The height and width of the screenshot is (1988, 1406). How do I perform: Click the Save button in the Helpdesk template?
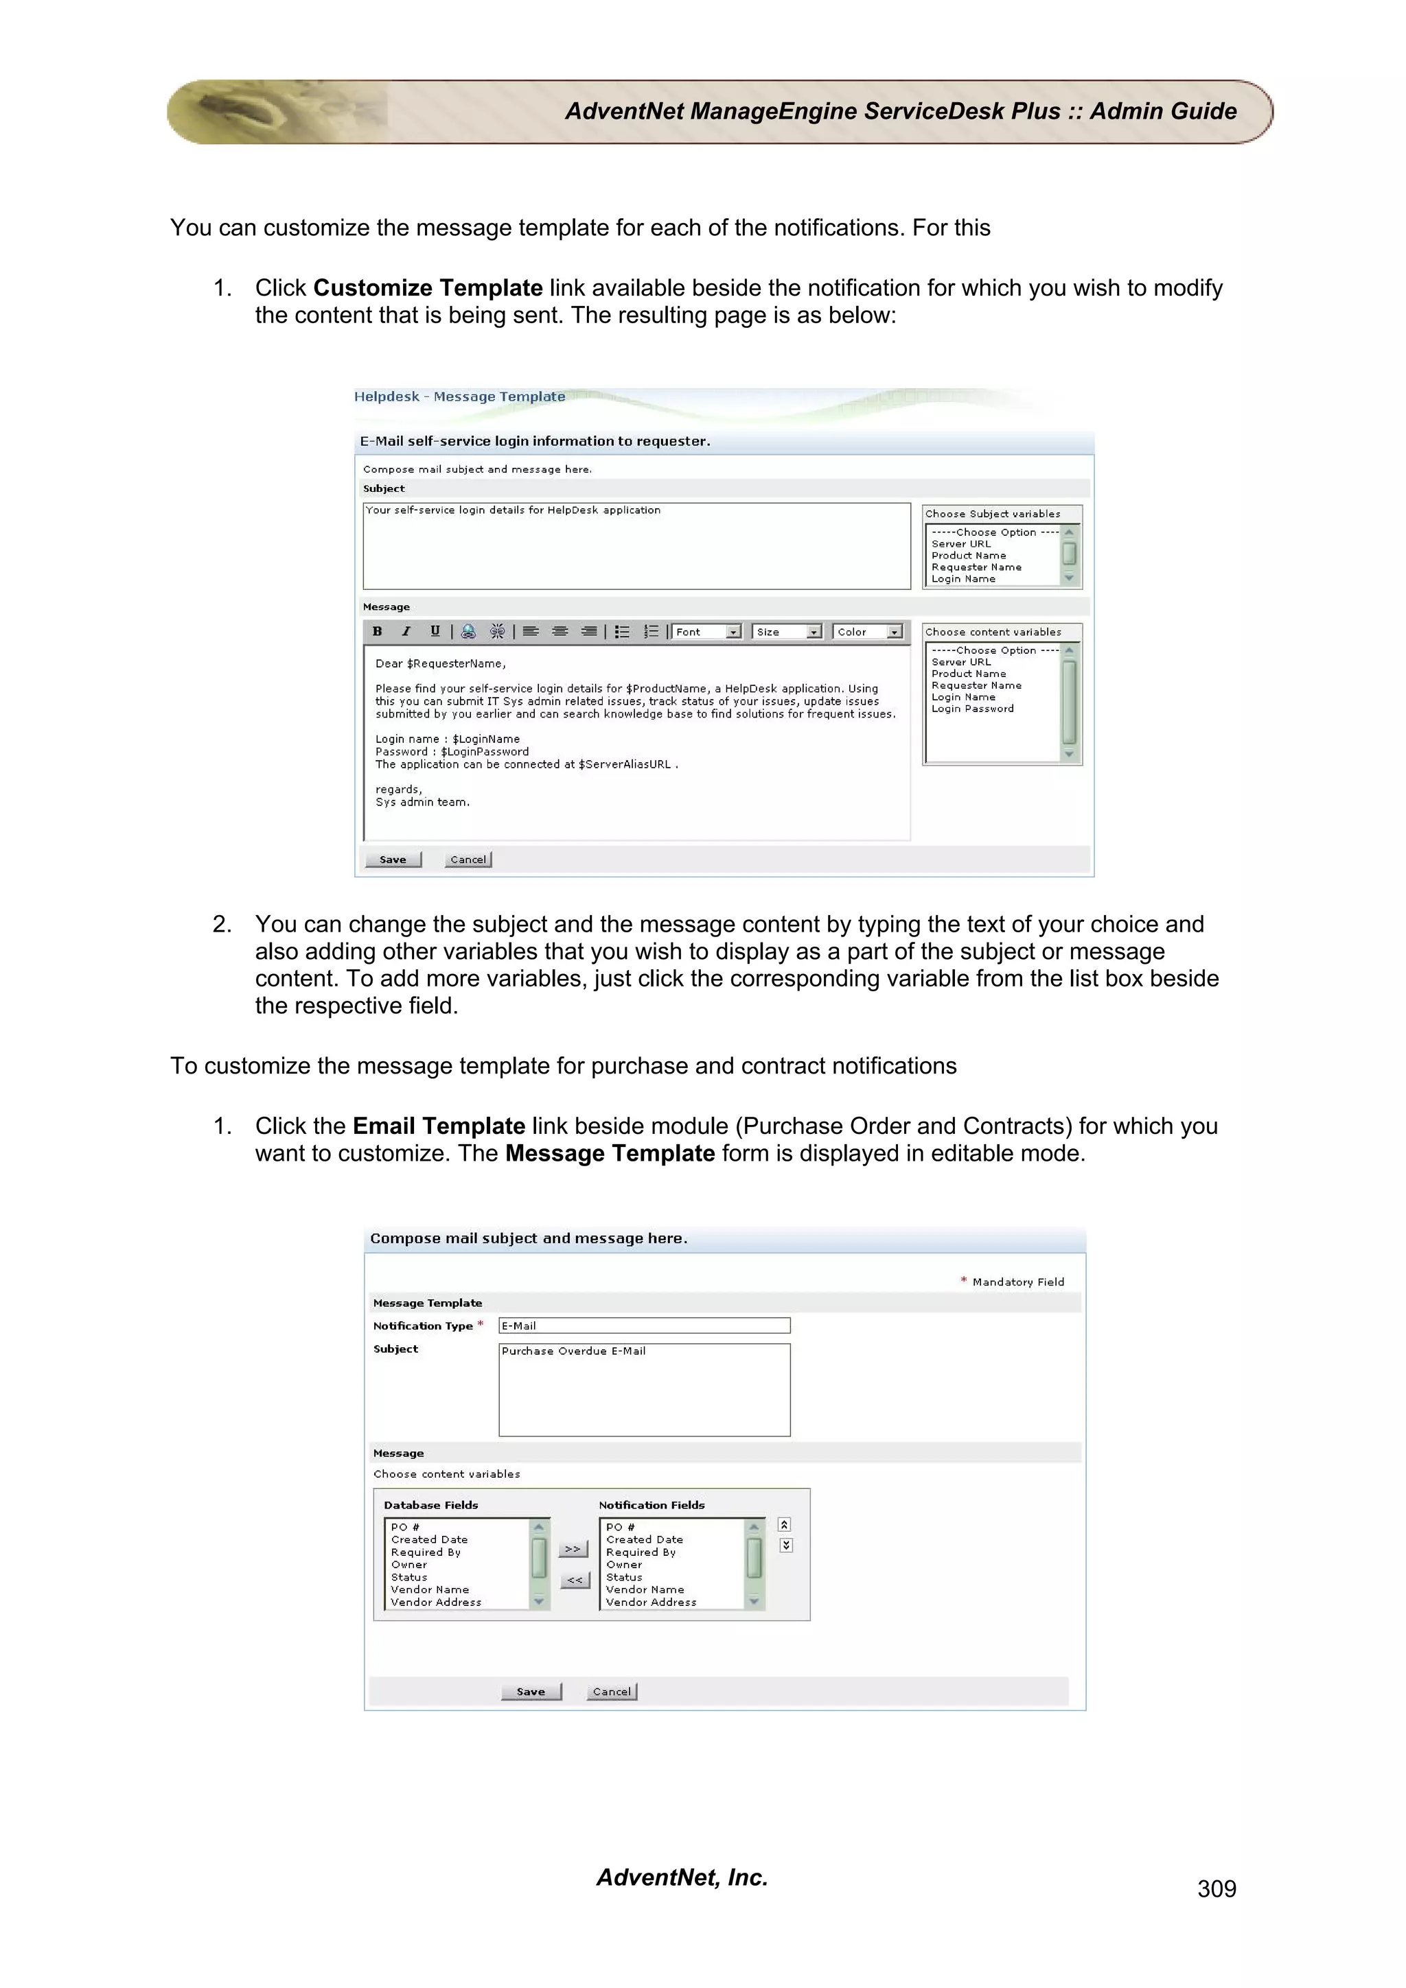point(393,859)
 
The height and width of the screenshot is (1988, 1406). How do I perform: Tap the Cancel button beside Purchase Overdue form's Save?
point(612,1691)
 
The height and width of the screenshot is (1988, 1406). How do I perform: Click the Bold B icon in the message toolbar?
point(377,631)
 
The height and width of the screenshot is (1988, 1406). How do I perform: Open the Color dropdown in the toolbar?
point(868,632)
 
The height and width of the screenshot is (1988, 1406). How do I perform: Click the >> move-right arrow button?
point(573,1549)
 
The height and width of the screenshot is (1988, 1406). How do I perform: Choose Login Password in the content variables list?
point(972,708)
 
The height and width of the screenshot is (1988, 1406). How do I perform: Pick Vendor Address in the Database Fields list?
point(436,1602)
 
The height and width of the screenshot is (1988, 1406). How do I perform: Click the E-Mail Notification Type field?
point(644,1325)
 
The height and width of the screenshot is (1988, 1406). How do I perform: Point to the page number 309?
point(1217,1889)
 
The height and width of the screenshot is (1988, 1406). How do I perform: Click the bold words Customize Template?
point(428,287)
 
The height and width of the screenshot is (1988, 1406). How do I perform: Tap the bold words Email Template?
point(439,1126)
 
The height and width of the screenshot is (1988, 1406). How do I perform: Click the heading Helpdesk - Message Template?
point(459,397)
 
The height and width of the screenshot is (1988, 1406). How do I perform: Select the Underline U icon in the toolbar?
point(435,631)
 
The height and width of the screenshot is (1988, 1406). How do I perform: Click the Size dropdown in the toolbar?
point(787,632)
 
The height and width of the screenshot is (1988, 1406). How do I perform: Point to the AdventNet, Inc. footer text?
point(682,1877)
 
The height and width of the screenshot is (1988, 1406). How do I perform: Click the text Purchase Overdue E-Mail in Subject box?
point(573,1351)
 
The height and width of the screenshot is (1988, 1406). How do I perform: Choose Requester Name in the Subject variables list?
point(976,567)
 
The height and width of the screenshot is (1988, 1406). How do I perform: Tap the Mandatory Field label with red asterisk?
point(1013,1281)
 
